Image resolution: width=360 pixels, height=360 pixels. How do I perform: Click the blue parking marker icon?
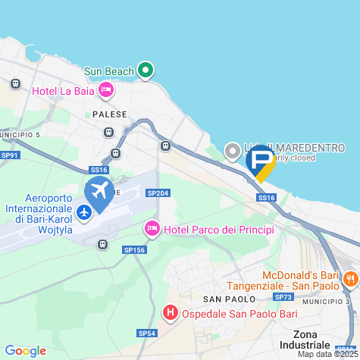[x=261, y=161]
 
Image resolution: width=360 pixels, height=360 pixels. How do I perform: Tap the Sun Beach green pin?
[x=146, y=71]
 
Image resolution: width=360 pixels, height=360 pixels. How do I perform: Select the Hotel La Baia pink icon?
[x=106, y=91]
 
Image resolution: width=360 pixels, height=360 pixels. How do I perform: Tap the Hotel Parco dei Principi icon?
[x=152, y=229]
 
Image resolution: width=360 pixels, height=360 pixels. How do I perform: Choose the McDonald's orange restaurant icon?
[x=349, y=278]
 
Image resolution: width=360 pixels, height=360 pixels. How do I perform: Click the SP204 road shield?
[x=158, y=194]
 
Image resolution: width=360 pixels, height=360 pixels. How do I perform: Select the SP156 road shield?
[x=133, y=249]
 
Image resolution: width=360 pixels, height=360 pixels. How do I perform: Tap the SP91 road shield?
[x=10, y=155]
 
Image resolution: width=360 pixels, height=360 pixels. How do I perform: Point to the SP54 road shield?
[x=147, y=333]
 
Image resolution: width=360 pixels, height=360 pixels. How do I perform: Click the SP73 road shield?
[x=284, y=296]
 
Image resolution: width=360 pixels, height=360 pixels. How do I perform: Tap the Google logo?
[x=25, y=351]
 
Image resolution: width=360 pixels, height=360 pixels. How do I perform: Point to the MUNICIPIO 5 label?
[x=20, y=135]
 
